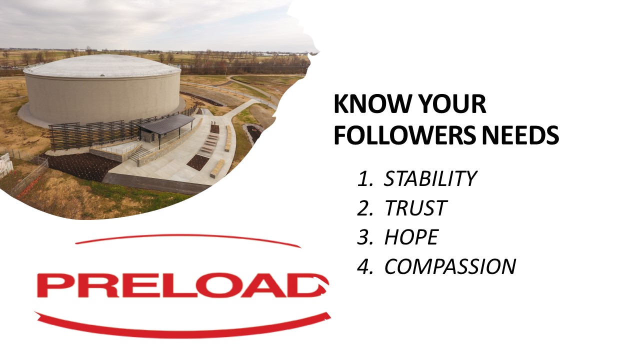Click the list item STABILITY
[430, 178]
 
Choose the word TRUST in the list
[415, 208]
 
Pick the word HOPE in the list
[411, 237]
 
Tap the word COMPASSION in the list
[449, 266]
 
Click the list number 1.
[362, 178]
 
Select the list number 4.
[362, 266]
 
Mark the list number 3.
[362, 237]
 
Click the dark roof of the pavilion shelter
[166, 123]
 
